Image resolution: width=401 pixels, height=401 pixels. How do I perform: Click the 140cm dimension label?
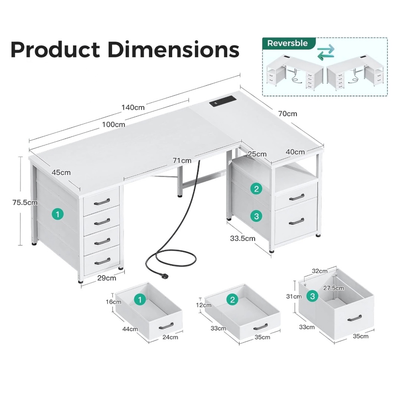pos(133,107)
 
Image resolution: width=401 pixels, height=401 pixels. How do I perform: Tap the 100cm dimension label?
pos(114,124)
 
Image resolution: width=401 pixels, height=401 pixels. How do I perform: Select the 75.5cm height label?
pos(25,203)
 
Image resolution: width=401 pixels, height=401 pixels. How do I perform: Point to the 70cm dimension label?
pos(288,114)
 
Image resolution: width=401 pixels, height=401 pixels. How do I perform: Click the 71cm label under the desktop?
pos(182,161)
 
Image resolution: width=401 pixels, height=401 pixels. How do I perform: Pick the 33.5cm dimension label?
pos(243,238)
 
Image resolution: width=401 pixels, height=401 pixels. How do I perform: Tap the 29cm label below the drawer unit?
pos(107,278)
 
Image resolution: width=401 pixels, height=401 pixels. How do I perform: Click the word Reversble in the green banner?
pos(287,43)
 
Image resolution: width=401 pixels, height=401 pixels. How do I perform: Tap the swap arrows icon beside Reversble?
pos(326,52)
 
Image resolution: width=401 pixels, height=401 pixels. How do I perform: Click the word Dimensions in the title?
pos(173,50)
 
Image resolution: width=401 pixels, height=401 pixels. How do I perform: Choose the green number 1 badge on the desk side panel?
pos(58,214)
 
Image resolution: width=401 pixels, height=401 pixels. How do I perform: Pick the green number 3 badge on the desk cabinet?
pos(257,216)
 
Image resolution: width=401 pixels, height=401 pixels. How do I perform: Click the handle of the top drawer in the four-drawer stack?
pos(102,202)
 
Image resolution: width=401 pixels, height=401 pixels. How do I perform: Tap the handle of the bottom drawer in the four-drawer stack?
pos(102,261)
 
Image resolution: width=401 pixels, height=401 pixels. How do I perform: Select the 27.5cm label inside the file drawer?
pos(333,288)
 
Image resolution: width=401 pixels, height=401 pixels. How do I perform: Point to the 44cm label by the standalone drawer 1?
pos(130,329)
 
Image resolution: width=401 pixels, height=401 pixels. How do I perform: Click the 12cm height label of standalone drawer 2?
pos(204,305)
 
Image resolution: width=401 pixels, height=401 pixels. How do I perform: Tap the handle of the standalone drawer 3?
pos(355,318)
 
